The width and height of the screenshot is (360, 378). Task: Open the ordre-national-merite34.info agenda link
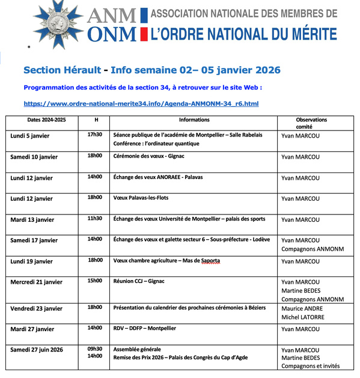141,104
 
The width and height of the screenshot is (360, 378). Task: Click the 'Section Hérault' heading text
58,70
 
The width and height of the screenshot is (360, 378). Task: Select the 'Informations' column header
194,120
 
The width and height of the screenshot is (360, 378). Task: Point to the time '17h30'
95,135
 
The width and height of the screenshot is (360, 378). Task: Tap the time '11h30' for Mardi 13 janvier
95,218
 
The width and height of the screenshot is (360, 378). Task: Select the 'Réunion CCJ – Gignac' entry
139,281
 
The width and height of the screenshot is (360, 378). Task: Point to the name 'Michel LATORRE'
303,317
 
